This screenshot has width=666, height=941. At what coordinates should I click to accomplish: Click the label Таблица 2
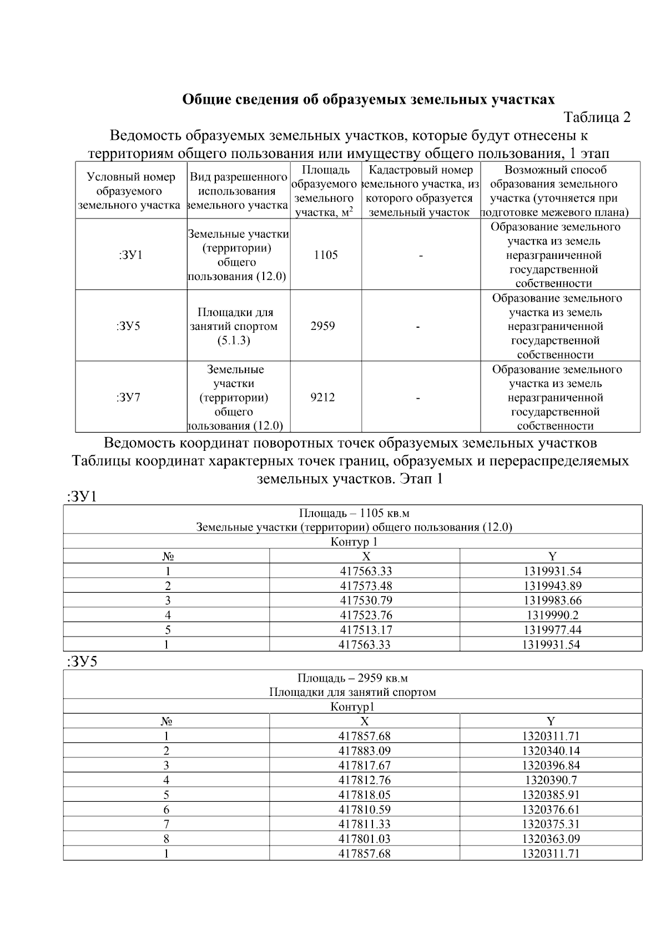(x=597, y=118)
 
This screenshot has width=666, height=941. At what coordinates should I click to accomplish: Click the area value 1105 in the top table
(x=326, y=255)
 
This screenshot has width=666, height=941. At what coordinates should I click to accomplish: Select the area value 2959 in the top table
(x=322, y=326)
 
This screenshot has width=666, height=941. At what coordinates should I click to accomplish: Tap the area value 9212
(x=322, y=398)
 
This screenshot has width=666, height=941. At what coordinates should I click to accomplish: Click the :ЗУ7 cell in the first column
(x=129, y=398)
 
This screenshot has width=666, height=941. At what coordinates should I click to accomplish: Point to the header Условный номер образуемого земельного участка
(x=131, y=191)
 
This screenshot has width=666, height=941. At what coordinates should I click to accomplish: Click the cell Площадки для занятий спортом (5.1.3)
(x=238, y=326)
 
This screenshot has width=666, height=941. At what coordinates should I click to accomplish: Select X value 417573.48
(x=366, y=586)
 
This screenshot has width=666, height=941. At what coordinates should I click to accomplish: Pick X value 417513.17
(x=366, y=630)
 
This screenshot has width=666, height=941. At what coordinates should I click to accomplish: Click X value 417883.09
(x=365, y=751)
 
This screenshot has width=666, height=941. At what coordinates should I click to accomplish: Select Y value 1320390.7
(x=551, y=780)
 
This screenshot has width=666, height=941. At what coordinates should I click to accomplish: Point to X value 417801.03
(x=365, y=839)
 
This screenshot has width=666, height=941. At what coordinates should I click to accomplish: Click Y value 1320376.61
(x=551, y=810)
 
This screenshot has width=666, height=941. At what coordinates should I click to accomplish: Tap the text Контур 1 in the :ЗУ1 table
(x=354, y=542)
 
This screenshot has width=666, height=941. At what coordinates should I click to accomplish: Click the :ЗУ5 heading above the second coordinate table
(x=82, y=662)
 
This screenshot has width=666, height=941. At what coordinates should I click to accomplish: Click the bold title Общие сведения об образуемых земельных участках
(x=369, y=100)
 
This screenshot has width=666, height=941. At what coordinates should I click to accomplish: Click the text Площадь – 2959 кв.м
(x=352, y=678)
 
